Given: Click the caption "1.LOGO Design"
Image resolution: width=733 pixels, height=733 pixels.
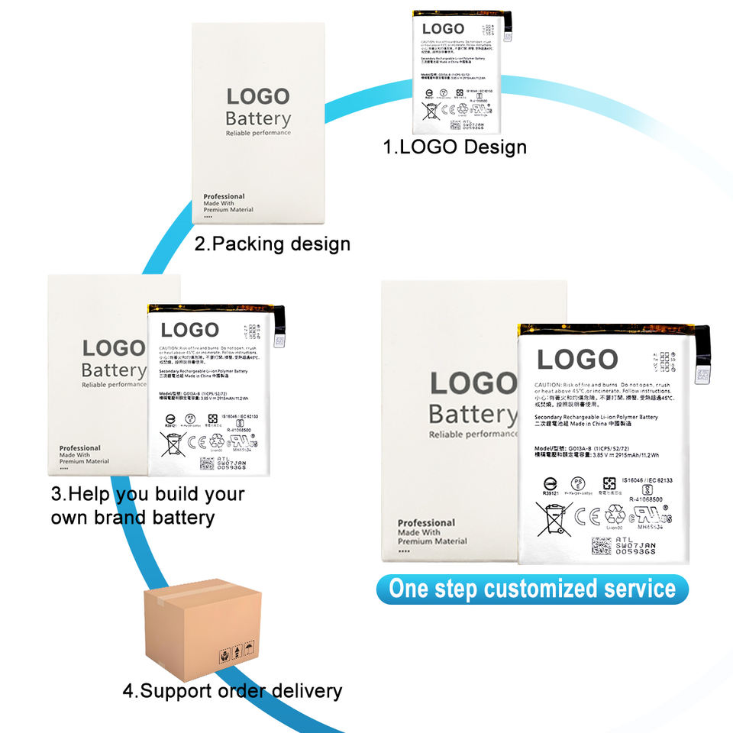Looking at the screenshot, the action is pyautogui.click(x=455, y=147).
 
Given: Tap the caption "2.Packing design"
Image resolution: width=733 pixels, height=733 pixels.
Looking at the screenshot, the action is pyautogui.click(x=273, y=244).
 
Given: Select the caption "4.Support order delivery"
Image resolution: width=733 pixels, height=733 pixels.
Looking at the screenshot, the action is pyautogui.click(x=232, y=692).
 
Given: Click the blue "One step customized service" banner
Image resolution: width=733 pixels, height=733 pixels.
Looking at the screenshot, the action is pyautogui.click(x=532, y=589).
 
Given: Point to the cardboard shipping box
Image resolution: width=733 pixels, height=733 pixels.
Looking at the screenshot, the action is pyautogui.click(x=202, y=628).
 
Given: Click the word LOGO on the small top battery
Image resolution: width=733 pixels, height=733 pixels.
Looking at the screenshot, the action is pyautogui.click(x=443, y=29).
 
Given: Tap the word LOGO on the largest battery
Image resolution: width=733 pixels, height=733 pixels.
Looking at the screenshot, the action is pyautogui.click(x=577, y=360).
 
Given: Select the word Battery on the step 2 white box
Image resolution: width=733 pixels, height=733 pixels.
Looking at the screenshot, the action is pyautogui.click(x=258, y=119).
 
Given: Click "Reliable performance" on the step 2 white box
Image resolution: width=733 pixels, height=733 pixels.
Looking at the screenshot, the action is pyautogui.click(x=258, y=134).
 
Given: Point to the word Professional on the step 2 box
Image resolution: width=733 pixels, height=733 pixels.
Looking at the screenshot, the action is pyautogui.click(x=224, y=197).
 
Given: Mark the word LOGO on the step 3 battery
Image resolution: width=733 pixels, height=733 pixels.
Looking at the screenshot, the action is pyautogui.click(x=190, y=330).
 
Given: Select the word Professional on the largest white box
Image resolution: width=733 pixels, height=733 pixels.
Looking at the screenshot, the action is pyautogui.click(x=426, y=523).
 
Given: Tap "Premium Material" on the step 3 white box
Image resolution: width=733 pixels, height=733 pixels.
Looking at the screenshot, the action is pyautogui.click(x=84, y=462).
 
